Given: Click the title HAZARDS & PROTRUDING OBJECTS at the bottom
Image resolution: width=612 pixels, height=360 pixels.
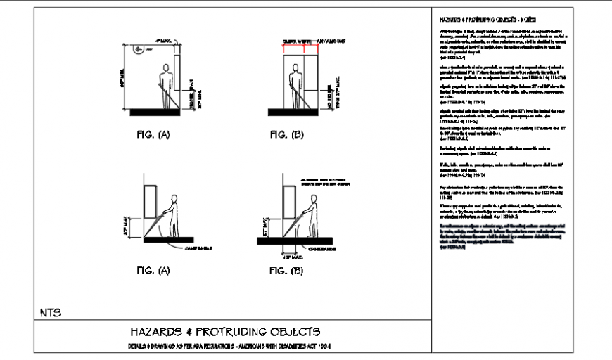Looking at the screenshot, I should point(226,331).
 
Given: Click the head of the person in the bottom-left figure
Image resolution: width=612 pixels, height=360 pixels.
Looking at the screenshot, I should point(176,193).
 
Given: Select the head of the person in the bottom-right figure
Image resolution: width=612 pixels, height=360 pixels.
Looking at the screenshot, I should point(313,193).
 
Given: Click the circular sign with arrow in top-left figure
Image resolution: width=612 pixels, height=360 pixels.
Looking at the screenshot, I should point(140,49).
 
